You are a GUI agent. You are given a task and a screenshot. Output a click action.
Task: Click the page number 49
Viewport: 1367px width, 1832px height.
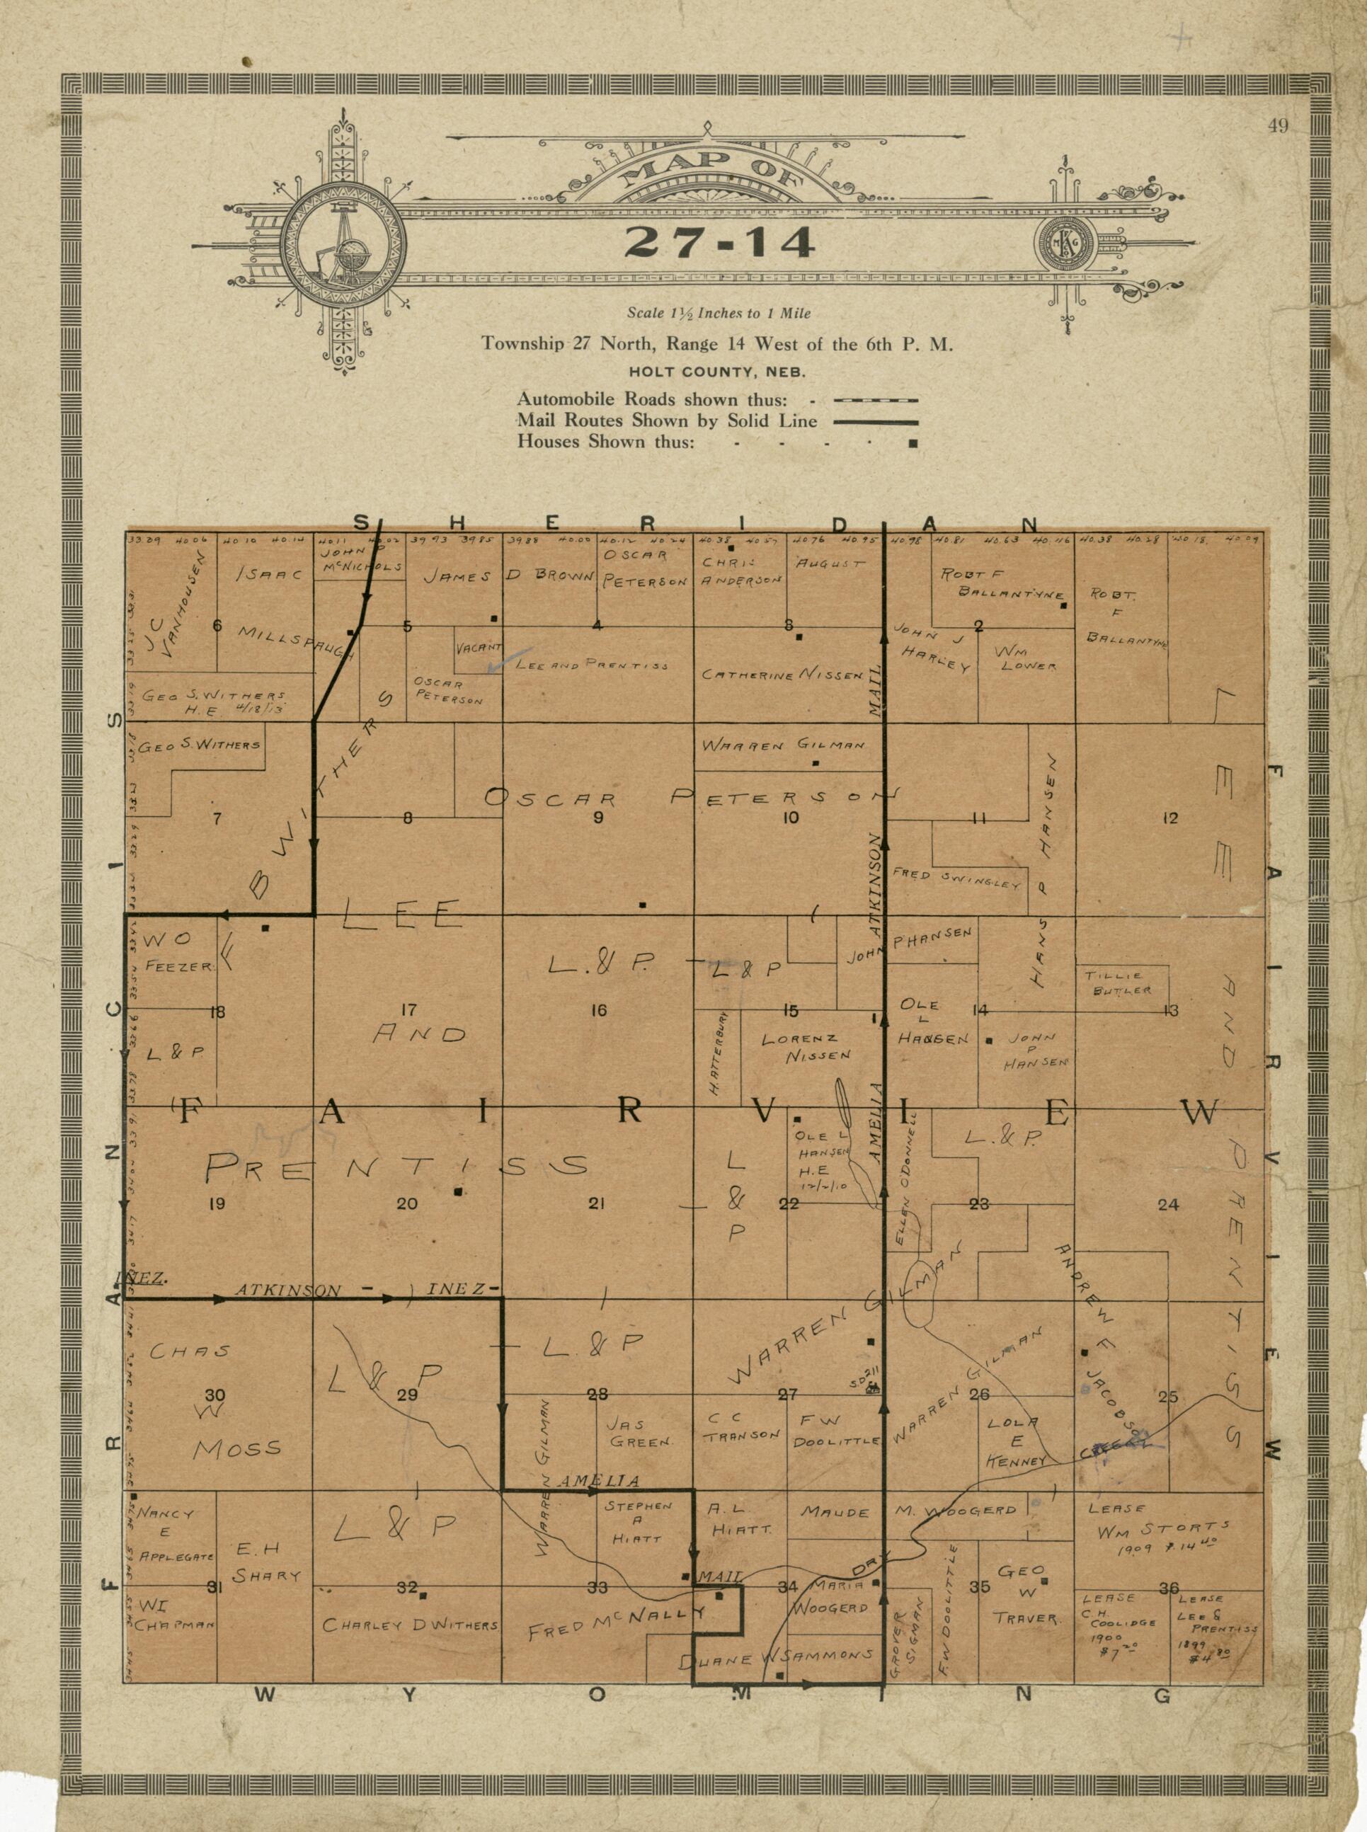pos(1278,127)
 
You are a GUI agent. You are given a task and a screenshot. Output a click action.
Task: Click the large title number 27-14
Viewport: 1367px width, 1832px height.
pos(719,241)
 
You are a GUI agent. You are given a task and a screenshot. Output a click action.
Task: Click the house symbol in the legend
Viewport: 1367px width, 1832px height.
pos(913,442)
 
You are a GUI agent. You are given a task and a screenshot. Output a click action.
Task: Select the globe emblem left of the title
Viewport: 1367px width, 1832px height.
pos(342,245)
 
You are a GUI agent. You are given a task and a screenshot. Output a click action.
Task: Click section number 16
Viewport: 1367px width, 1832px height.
pos(598,1009)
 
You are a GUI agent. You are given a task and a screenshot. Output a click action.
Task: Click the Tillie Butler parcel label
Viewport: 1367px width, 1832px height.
pos(1122,983)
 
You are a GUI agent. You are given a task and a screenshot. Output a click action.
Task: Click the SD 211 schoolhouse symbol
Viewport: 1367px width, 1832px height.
pos(871,1390)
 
